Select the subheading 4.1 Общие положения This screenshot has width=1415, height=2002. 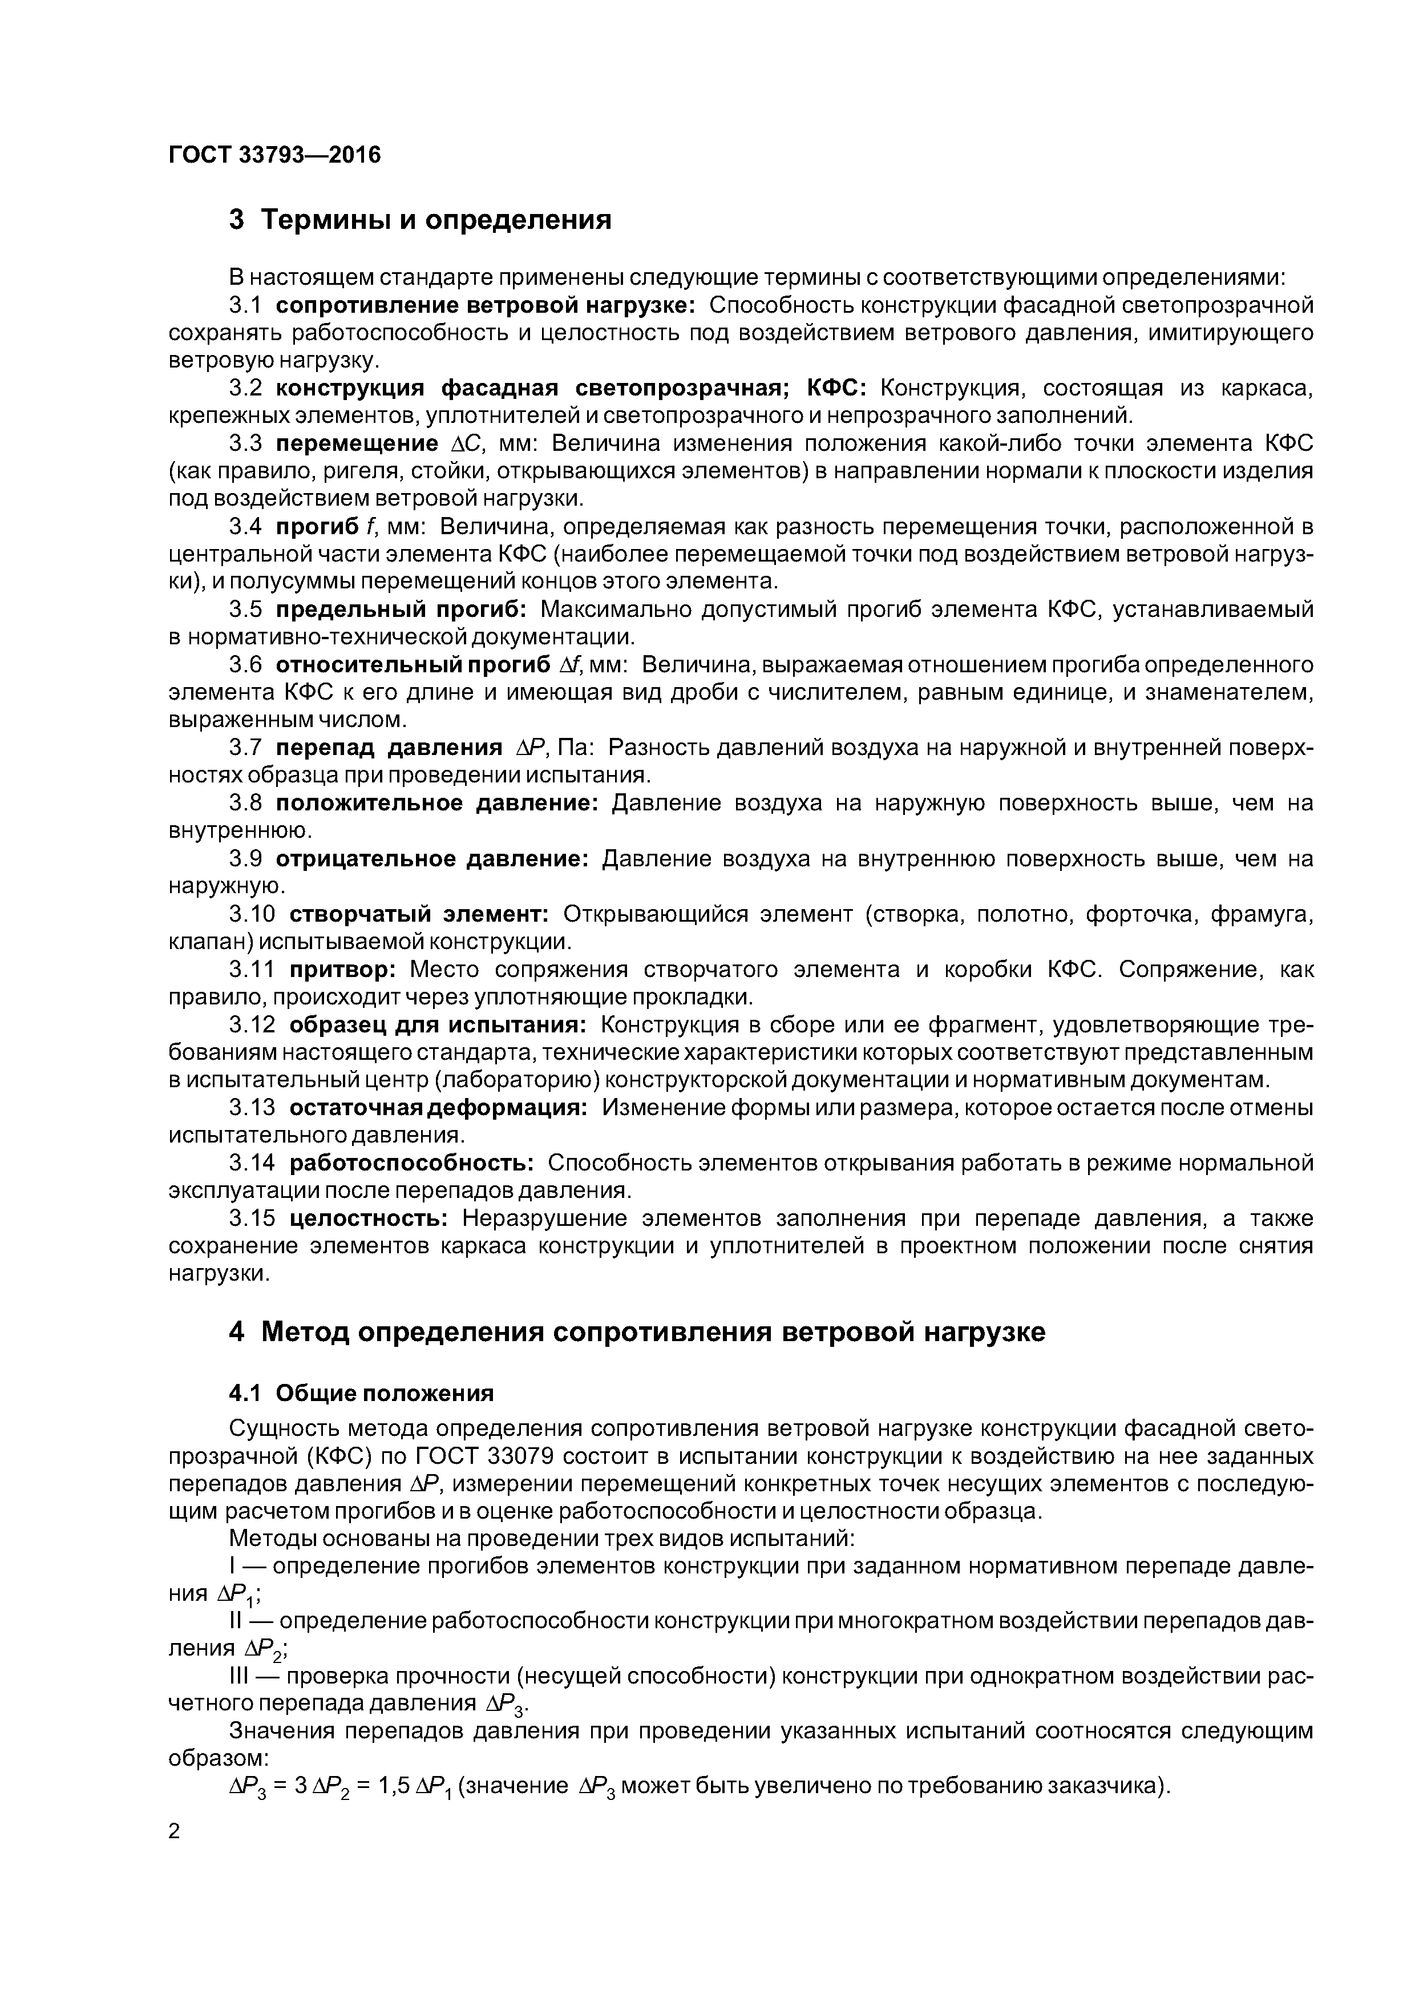tap(361, 1392)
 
